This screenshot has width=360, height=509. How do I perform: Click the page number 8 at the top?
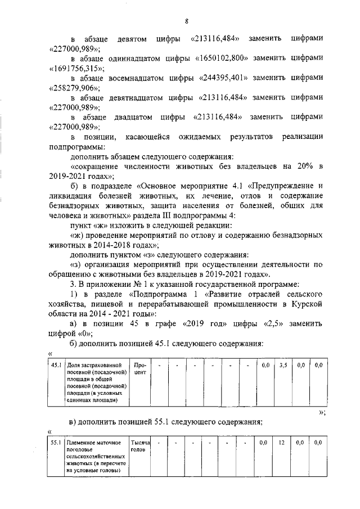[186, 22]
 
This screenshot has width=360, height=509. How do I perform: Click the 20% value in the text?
[301, 167]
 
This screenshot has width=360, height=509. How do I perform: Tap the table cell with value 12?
[282, 443]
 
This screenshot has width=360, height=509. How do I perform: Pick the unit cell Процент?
[139, 369]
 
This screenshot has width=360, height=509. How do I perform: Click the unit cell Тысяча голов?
[139, 447]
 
